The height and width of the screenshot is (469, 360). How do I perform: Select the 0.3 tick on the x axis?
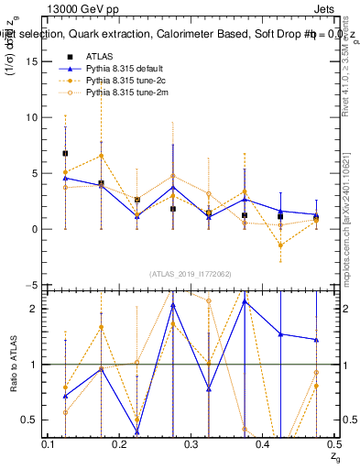pyautogui.click(x=191, y=443)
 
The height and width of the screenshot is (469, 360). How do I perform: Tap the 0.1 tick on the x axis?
pyautogui.click(x=49, y=443)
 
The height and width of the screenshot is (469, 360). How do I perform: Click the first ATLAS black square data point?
pyautogui.click(x=65, y=153)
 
